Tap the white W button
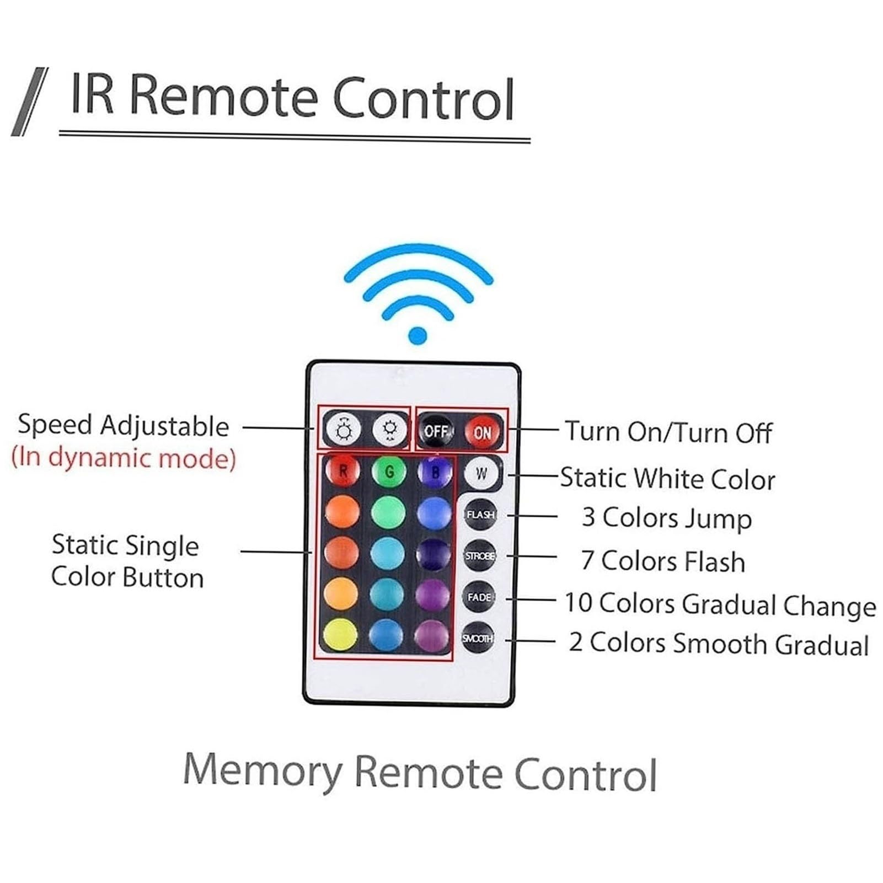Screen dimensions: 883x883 coord(481,473)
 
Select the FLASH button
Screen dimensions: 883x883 coord(480,515)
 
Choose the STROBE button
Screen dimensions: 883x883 coord(479,555)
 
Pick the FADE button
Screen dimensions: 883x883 coord(479,597)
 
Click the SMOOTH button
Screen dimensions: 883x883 coord(478,638)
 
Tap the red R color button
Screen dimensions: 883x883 coord(343,472)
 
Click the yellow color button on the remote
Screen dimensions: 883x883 coord(340,635)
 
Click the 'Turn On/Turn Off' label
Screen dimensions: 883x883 coord(668,432)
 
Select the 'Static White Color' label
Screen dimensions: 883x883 coord(667,478)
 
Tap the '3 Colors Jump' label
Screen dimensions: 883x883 coord(667,519)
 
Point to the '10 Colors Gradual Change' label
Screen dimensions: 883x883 coord(720,604)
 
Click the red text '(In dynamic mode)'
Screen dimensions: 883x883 coord(124,458)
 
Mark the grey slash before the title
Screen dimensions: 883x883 coord(30,101)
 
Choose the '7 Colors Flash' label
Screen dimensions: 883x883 coord(663,561)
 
